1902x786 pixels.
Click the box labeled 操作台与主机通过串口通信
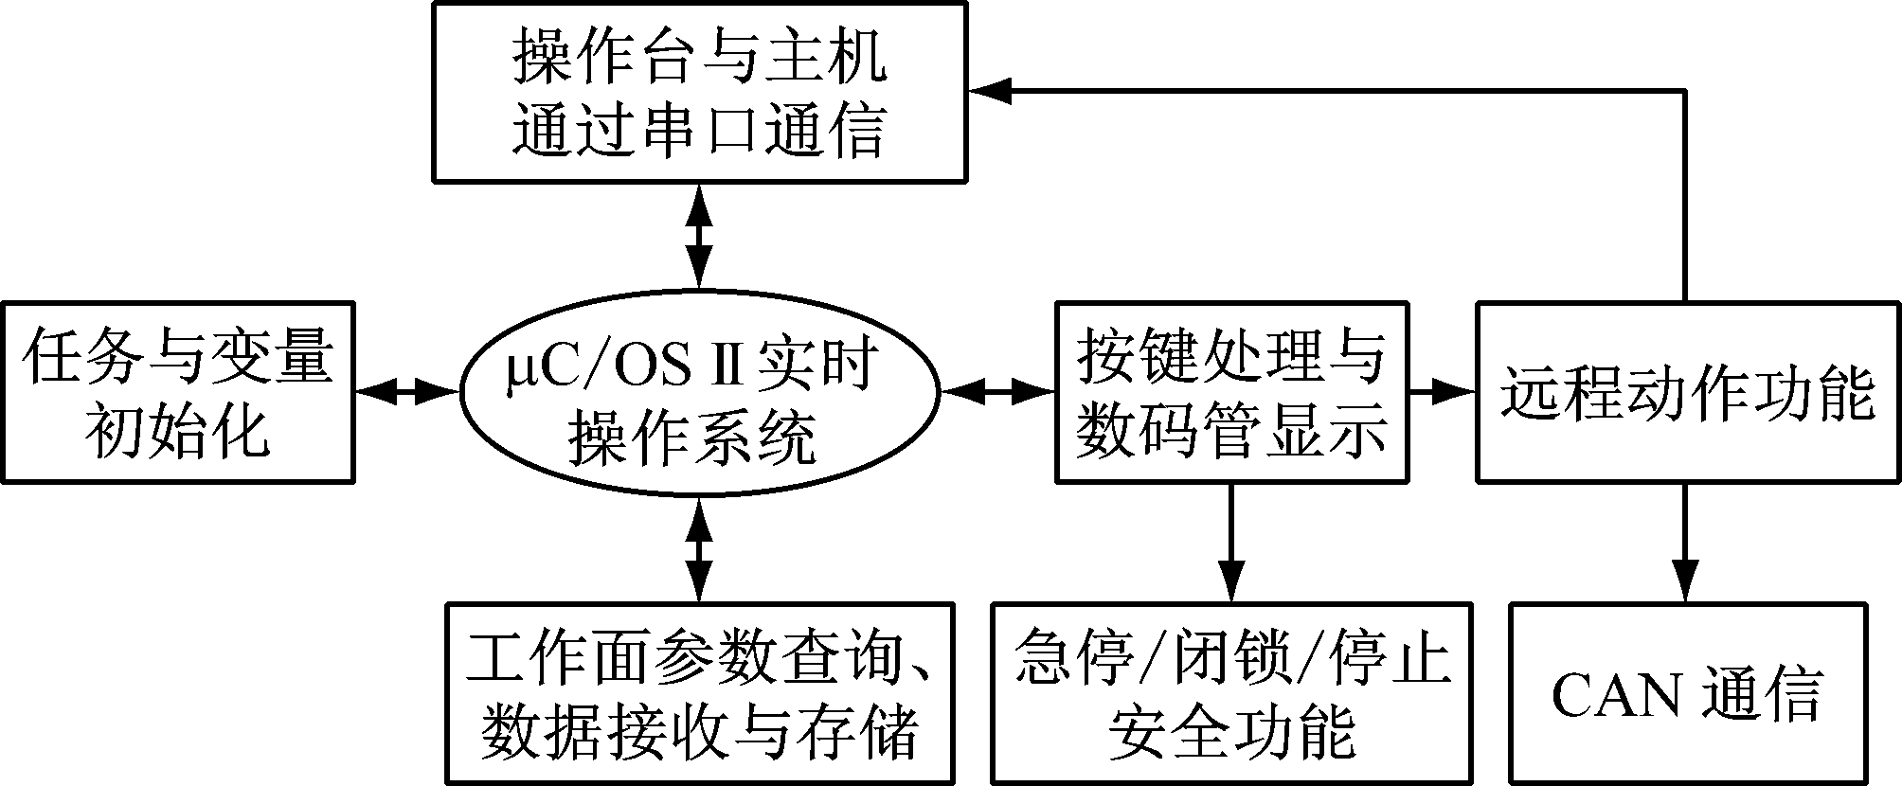click(x=699, y=92)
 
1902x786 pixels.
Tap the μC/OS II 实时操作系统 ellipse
click(x=699, y=391)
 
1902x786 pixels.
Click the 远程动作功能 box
click(x=1687, y=392)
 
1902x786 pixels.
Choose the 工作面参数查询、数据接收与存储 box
click(x=699, y=693)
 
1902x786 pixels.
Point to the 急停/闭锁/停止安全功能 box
click(x=1230, y=693)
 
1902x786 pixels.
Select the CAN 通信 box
click(x=1687, y=693)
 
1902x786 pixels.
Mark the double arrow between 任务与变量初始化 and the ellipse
click(x=406, y=391)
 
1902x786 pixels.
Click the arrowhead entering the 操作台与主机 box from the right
click(x=990, y=91)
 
